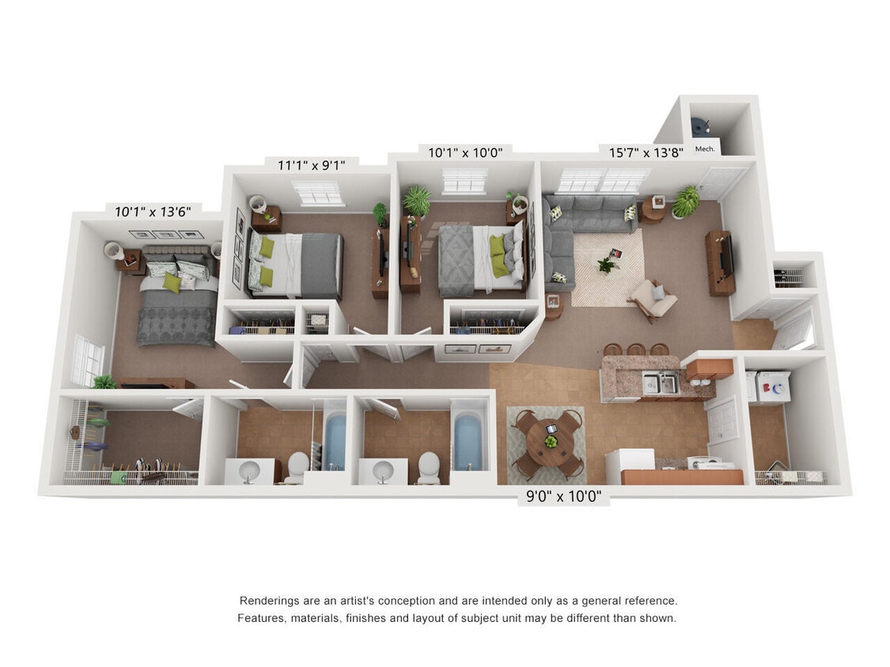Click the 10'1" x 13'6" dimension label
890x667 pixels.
pyautogui.click(x=153, y=212)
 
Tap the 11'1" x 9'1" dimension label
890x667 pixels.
pyautogui.click(x=311, y=165)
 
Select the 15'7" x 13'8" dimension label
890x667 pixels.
pyautogui.click(x=646, y=152)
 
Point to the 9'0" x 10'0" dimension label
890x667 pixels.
pyautogui.click(x=563, y=497)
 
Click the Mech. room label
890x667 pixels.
pyautogui.click(x=704, y=149)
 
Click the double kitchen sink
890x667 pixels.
pyautogui.click(x=659, y=384)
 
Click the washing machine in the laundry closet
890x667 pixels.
pyautogui.click(x=772, y=387)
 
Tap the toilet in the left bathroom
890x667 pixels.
pyautogui.click(x=297, y=465)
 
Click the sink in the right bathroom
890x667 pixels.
pyautogui.click(x=383, y=472)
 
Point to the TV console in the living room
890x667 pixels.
pyautogui.click(x=720, y=262)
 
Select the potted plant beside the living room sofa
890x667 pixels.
pyautogui.click(x=685, y=202)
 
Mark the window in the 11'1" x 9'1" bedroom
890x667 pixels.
pyautogui.click(x=317, y=192)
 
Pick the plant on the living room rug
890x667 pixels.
pyautogui.click(x=606, y=264)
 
